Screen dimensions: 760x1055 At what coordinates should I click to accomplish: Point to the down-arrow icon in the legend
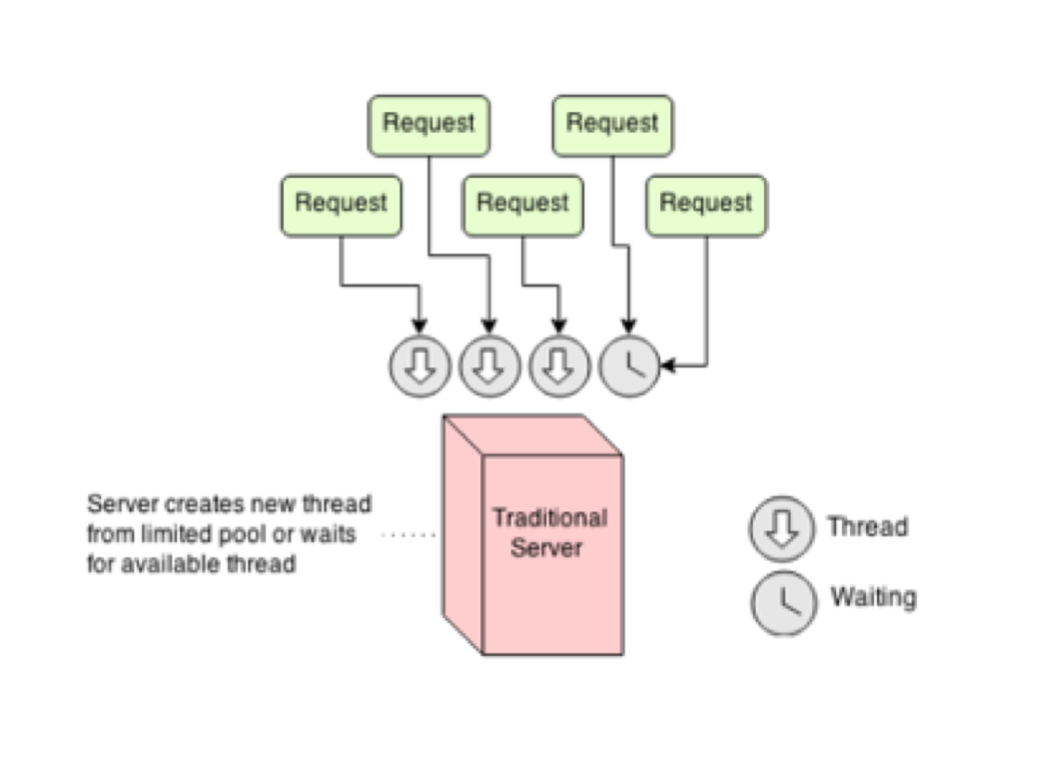tap(781, 528)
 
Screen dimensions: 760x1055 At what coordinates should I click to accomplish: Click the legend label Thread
tap(867, 527)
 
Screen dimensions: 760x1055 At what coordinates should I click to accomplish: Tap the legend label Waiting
tap(873, 597)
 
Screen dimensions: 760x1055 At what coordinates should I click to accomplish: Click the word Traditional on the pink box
tap(550, 517)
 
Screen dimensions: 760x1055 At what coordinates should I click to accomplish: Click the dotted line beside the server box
tap(409, 535)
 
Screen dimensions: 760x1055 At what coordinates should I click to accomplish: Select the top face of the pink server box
tap(531, 435)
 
